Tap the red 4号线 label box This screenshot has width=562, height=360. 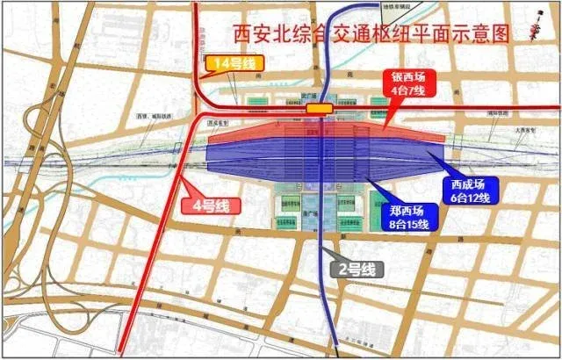(x=210, y=206)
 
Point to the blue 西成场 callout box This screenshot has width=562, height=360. (x=471, y=191)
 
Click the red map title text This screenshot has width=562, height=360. (x=371, y=34)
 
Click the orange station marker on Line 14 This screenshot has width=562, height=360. (x=319, y=108)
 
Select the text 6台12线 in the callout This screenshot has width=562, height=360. (x=472, y=198)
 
